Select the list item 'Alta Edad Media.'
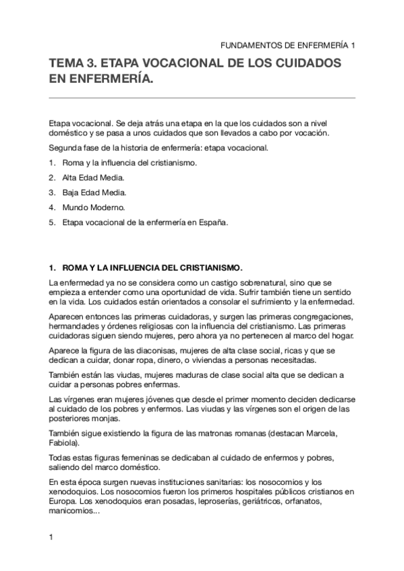tap(93, 178)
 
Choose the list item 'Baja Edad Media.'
tap(94, 193)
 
